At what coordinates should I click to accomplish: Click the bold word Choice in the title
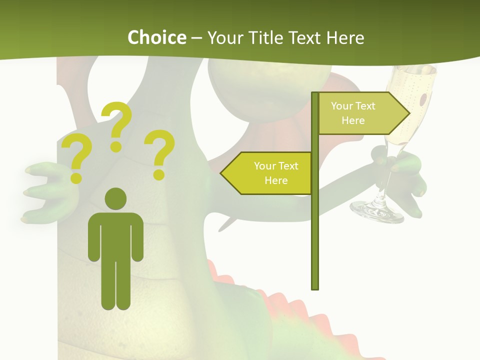156,37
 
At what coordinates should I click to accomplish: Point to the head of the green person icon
115,198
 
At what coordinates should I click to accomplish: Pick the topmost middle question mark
117,125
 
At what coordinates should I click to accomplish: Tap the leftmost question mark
76,159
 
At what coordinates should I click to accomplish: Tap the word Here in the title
345,37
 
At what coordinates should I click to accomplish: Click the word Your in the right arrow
342,106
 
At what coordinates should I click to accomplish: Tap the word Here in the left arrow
276,180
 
